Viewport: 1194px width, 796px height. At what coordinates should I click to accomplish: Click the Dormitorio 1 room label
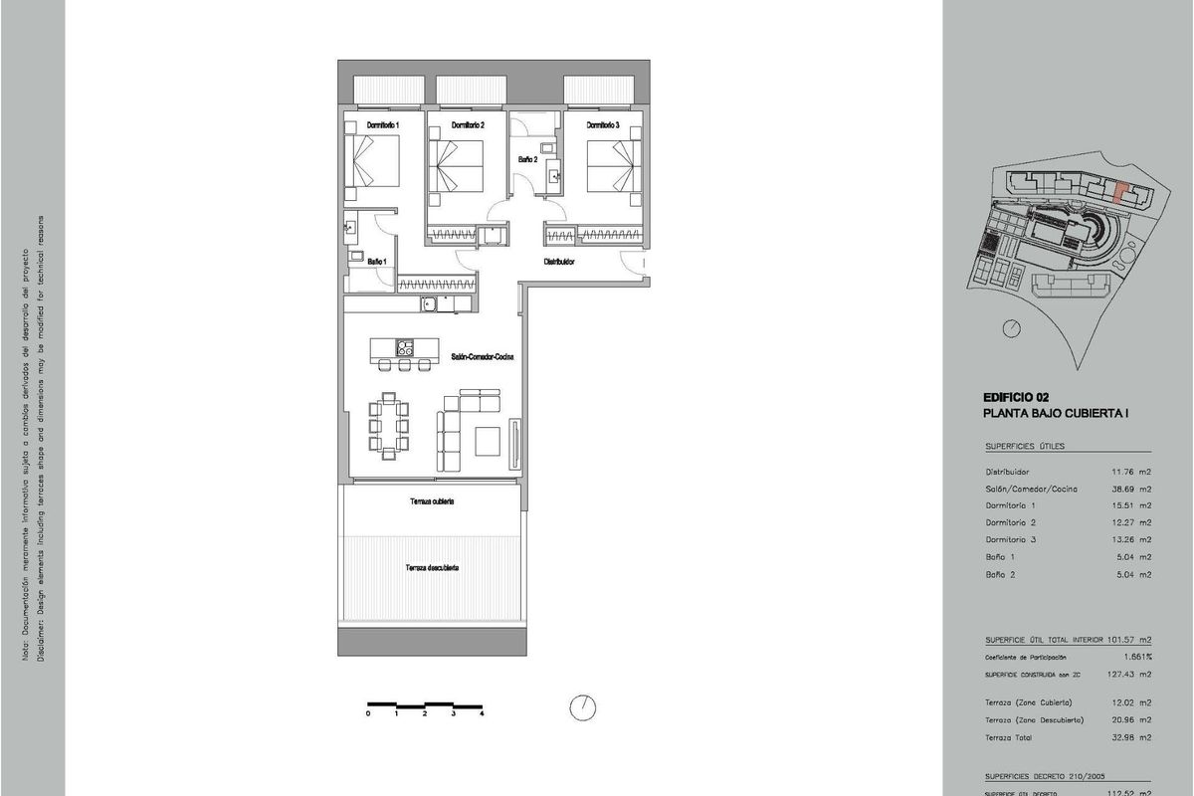tap(383, 125)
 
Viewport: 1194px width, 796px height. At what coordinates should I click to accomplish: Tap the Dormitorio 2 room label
tap(468, 125)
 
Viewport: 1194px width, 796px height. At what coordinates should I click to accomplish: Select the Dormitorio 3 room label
tap(603, 125)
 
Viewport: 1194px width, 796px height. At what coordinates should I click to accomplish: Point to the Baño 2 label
tap(527, 159)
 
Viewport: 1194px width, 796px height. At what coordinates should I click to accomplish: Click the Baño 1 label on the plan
tap(377, 262)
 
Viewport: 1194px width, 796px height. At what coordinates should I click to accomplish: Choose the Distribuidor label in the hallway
tap(560, 262)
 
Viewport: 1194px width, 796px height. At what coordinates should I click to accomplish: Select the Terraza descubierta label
tap(431, 568)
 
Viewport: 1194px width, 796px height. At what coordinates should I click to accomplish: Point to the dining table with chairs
tap(389, 426)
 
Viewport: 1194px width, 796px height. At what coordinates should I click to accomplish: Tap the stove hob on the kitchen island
tap(405, 348)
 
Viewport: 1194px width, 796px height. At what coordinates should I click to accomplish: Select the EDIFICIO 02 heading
tap(1016, 396)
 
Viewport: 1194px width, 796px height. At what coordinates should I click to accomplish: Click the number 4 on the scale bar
tap(482, 714)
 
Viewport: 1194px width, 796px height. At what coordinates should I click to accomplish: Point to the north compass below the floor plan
tap(582, 706)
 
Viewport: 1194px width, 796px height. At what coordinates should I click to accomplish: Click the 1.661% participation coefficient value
tap(1135, 657)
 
